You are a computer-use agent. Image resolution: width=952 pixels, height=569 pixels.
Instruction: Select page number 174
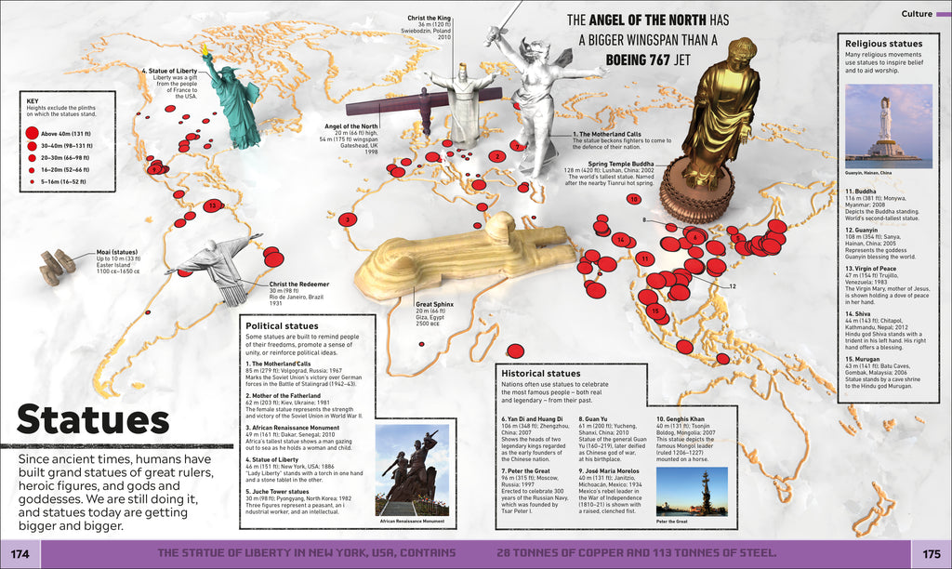coord(21,554)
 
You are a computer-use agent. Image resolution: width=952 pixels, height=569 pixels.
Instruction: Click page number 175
coord(930,554)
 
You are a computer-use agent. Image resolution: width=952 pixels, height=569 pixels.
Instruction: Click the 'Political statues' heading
coord(282,326)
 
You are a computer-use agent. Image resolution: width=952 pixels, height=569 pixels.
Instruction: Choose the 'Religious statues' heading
coord(883,43)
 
